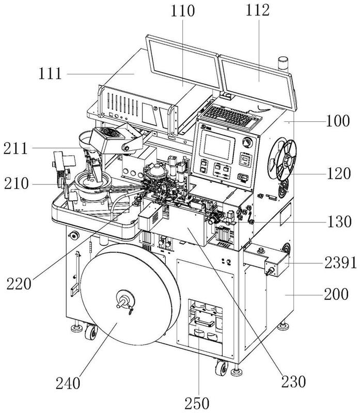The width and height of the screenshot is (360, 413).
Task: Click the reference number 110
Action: [183, 11]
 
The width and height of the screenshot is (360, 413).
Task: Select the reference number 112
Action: [258, 11]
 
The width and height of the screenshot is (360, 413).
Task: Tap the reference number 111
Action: [50, 74]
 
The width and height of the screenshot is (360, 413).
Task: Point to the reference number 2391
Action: [340, 263]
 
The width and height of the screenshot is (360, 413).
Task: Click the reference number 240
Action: [68, 384]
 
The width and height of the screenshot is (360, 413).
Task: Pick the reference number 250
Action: [197, 404]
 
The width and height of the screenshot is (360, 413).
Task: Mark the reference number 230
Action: [293, 382]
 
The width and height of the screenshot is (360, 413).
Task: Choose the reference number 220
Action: [19, 284]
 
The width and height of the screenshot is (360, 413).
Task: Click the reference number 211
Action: [15, 149]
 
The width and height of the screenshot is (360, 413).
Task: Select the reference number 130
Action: [339, 222]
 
